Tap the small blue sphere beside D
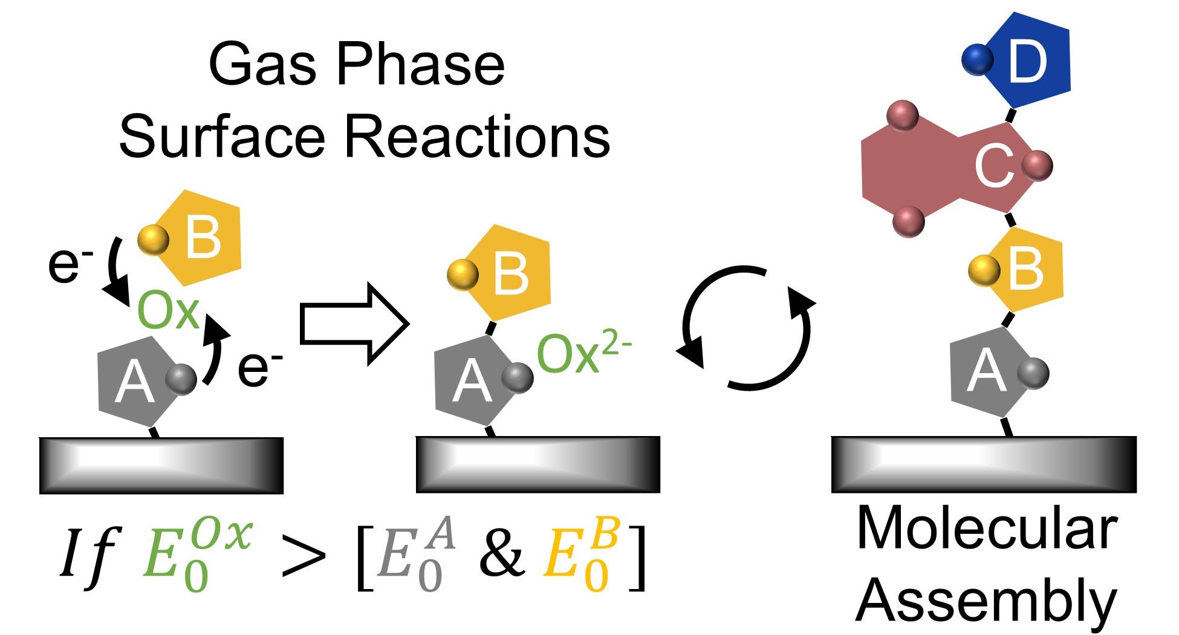977,60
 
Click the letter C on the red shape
994,166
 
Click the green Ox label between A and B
168,311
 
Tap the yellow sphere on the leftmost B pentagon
153,239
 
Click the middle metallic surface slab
538,464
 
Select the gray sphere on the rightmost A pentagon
1033,373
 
